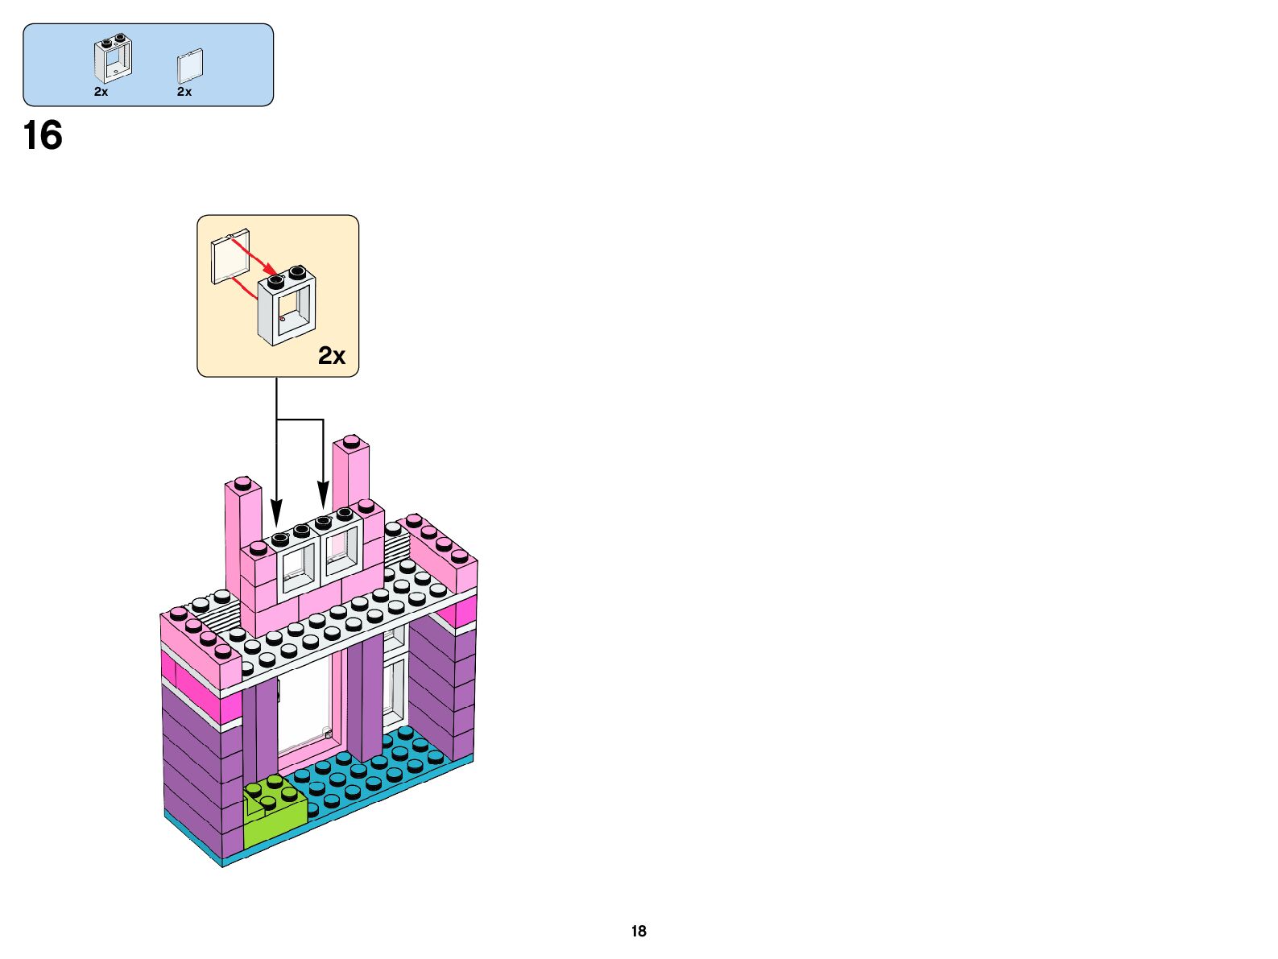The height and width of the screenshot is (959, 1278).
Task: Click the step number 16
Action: pos(43,136)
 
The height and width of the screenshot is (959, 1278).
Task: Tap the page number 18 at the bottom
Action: pos(639,931)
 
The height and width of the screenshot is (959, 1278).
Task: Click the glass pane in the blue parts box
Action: pos(190,65)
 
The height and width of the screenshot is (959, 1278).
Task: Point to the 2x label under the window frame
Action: pos(101,92)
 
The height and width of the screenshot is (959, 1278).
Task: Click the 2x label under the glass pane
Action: pos(184,92)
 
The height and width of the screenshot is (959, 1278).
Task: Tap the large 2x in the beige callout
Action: pos(332,355)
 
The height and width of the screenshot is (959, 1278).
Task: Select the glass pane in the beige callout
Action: pos(230,257)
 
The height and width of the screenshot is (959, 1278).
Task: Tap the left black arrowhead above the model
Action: pos(277,514)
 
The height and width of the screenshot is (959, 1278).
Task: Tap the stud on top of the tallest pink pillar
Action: pos(351,441)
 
